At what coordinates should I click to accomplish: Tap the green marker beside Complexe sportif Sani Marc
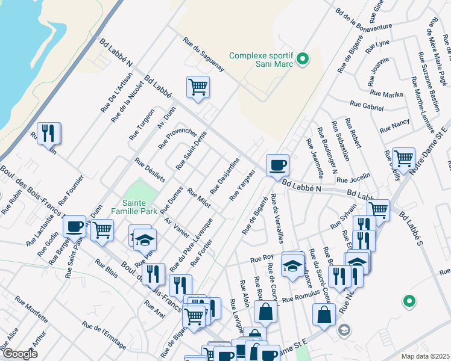(x=304, y=59)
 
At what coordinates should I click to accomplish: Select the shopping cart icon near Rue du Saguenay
(x=198, y=88)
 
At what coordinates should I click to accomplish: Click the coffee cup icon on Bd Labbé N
(x=277, y=165)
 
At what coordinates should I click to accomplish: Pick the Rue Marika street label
(x=386, y=94)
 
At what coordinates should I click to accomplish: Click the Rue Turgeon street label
(x=142, y=125)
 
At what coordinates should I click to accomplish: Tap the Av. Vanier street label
(x=177, y=227)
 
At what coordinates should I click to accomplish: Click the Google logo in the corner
(x=20, y=354)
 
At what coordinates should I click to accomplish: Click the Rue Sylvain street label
(x=344, y=220)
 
